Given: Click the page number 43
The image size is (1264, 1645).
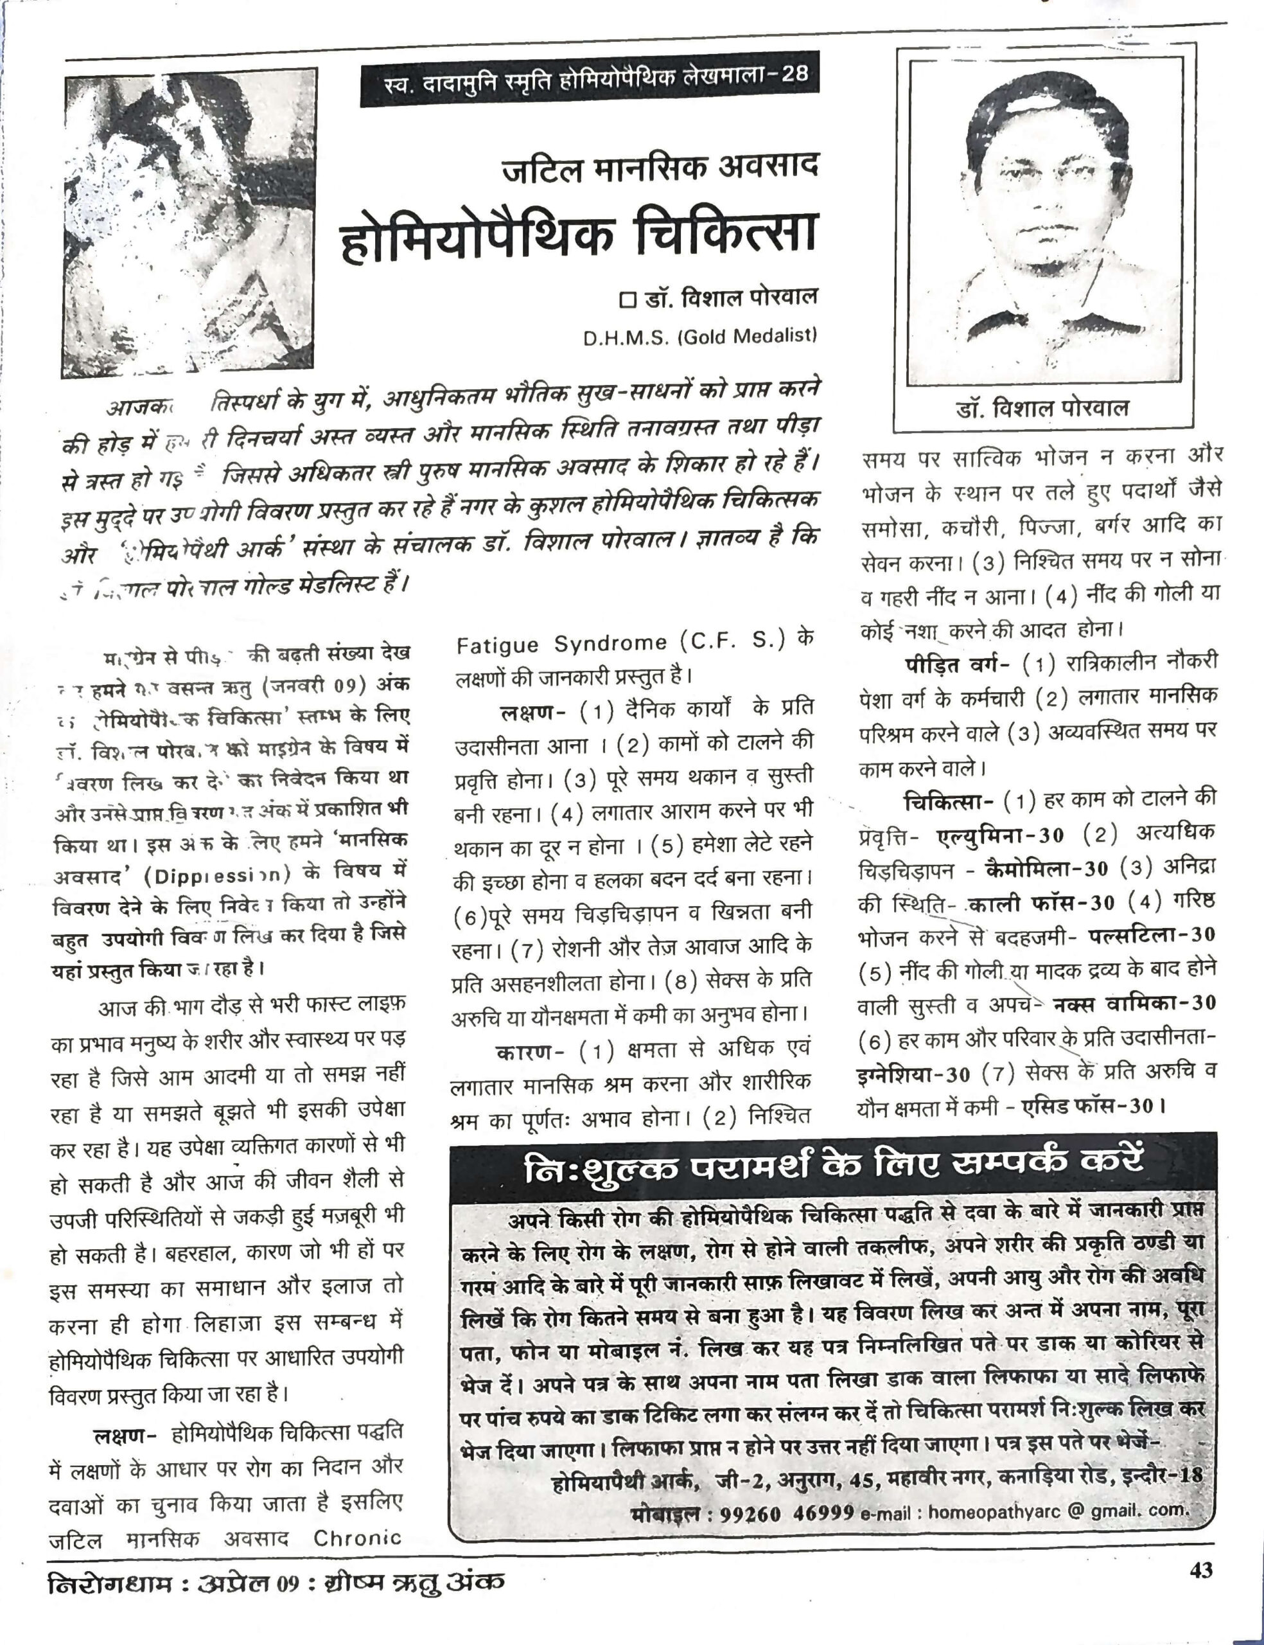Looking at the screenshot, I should point(1201,1571).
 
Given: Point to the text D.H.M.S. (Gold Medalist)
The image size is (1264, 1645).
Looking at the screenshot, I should point(699,336).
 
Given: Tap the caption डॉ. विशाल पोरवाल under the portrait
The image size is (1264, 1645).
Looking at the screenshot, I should point(1042,408).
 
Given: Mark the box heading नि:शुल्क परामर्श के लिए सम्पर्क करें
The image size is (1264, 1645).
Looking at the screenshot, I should point(833,1167).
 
